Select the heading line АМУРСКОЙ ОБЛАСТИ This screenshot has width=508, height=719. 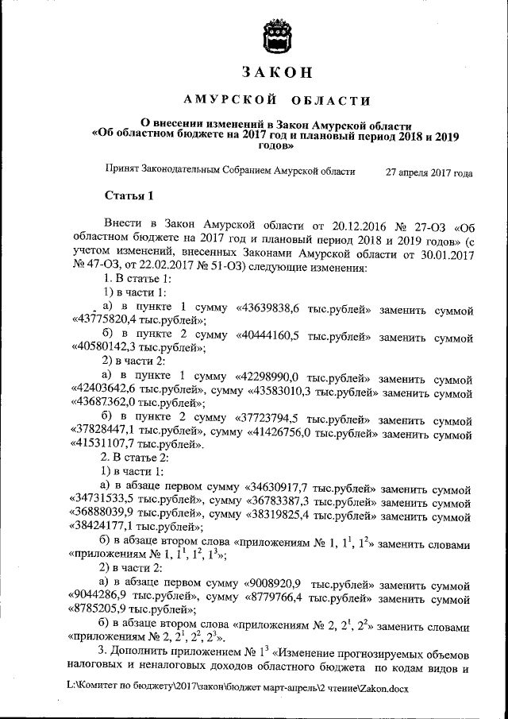[x=276, y=101]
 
